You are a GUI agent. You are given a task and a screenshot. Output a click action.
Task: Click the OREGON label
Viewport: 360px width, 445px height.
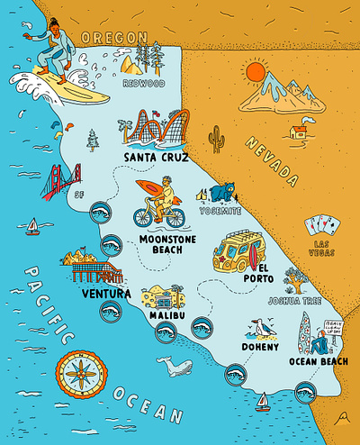(x=112, y=37)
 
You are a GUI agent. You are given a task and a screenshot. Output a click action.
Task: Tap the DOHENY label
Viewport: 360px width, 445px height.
(x=260, y=346)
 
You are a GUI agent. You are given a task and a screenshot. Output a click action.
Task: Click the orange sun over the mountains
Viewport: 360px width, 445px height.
(x=255, y=71)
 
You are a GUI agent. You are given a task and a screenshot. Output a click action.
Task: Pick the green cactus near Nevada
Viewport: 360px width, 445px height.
(x=216, y=139)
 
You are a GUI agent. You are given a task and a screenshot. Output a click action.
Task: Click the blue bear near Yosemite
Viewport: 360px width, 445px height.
(x=223, y=192)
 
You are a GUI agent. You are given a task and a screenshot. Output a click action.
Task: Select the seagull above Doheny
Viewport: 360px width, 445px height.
(x=258, y=328)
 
